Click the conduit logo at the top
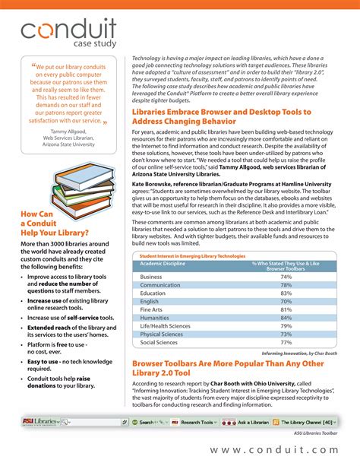69,33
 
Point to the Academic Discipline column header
163,265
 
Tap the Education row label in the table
153,293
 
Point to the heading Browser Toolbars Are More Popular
228,369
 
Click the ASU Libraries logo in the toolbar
39,421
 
